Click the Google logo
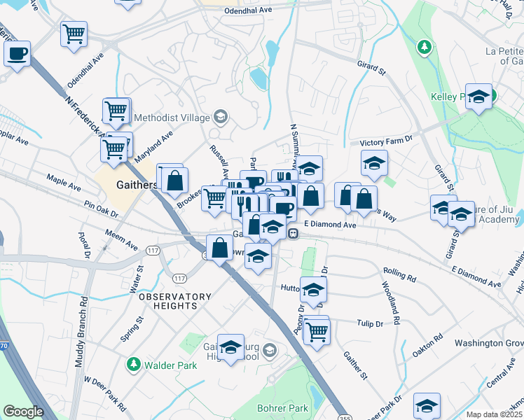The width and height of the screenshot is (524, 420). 23,412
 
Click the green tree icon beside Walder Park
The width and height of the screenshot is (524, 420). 133,365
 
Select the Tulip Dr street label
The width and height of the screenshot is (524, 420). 369,324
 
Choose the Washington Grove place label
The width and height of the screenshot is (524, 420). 488,343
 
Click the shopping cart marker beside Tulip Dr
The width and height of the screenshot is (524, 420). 317,331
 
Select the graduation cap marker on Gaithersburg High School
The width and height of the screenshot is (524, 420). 230,348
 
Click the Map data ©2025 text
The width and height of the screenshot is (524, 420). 494,414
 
